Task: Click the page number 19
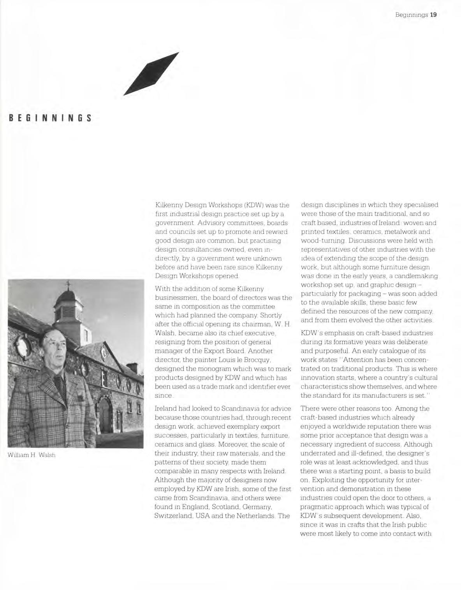pos(433,15)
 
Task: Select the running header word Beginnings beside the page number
pos(412,15)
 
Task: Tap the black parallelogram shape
pos(151,73)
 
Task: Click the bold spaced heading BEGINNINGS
pos(50,118)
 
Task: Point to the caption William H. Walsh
pos(32,455)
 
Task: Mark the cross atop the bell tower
pos(68,284)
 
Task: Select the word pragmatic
pos(317,507)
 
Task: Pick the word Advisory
pos(210,223)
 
